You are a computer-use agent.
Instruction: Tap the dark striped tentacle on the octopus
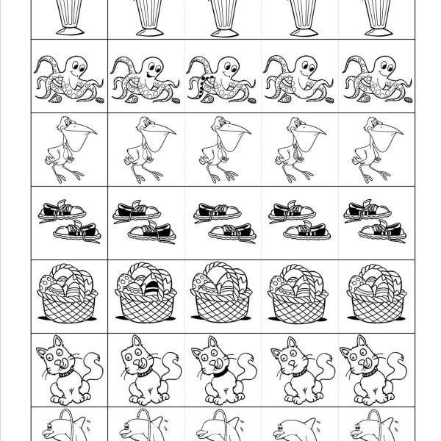point(201,90)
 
